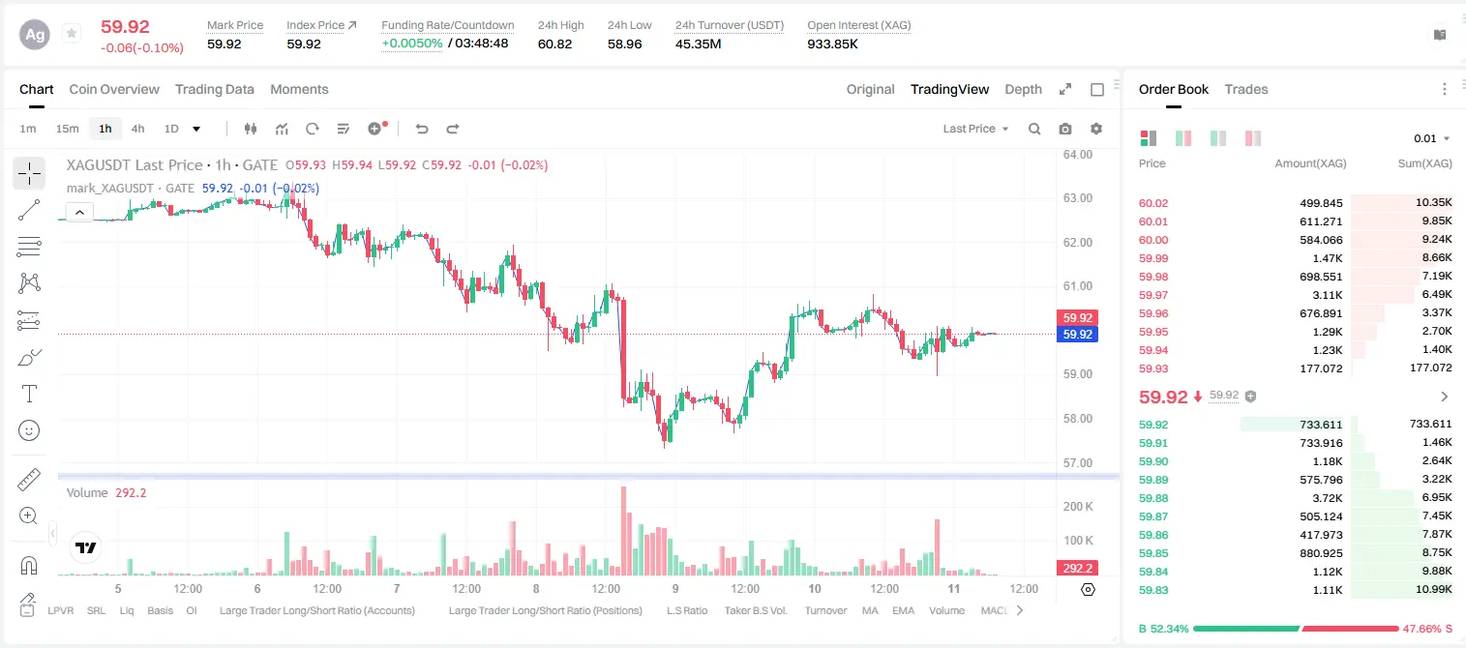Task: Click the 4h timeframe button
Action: pos(137,129)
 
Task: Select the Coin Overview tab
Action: pos(114,89)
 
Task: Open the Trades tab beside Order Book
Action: pos(1246,89)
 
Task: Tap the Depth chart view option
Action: pos(1023,89)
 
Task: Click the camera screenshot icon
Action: pos(1065,129)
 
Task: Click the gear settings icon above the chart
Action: pos(1096,129)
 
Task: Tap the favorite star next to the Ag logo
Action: pos(72,33)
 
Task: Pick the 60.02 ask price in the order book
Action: pos(1153,203)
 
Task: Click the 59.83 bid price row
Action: pos(1153,590)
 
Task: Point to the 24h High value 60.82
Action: pos(555,44)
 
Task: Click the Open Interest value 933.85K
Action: pos(832,44)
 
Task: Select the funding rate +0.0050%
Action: pos(412,44)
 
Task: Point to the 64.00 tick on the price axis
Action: pos(1078,155)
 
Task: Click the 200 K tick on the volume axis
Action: pos(1078,506)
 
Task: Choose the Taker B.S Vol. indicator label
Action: pos(755,610)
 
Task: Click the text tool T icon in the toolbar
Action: pos(29,394)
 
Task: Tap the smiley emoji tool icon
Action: pos(29,430)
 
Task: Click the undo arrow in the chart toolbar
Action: pos(422,129)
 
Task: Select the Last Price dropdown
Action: pos(975,129)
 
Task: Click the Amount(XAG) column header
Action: pos(1310,163)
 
